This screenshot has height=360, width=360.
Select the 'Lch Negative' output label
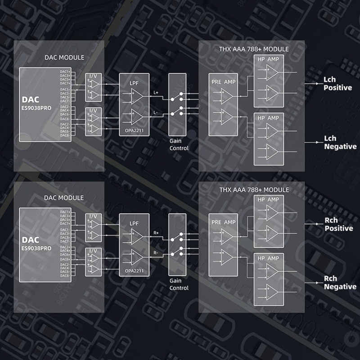click(340, 142)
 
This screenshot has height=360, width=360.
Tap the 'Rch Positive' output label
click(338, 224)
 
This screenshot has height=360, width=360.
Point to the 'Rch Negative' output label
click(340, 283)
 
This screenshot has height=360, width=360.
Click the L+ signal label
click(156, 92)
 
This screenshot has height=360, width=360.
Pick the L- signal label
click(156, 112)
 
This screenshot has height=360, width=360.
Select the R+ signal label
click(156, 233)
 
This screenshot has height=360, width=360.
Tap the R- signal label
click(156, 252)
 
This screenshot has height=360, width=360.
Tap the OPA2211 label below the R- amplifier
click(134, 271)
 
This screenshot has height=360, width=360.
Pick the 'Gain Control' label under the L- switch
click(179, 144)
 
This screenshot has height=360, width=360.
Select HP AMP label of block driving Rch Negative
click(268, 258)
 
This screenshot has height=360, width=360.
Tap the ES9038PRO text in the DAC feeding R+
click(37, 247)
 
